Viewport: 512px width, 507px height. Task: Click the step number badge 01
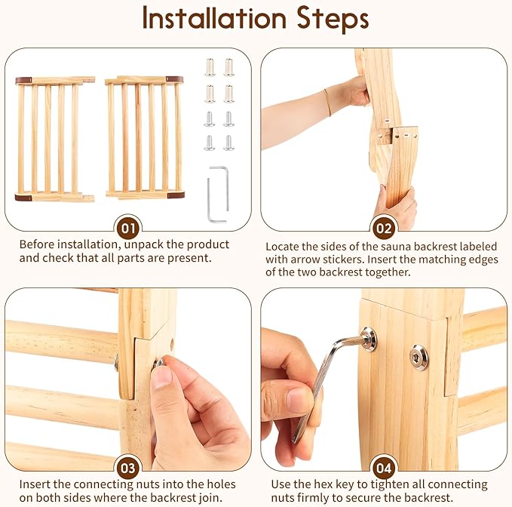(128, 228)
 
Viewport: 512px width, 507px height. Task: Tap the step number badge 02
(384, 228)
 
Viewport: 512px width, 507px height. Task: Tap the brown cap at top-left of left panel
(23, 79)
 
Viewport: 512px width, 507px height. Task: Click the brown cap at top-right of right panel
(175, 78)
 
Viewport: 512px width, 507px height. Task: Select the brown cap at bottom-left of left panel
(23, 197)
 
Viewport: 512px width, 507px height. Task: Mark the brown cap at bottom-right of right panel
(175, 195)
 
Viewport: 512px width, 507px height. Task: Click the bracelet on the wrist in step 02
(327, 102)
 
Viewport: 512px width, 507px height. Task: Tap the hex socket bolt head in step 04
(418, 357)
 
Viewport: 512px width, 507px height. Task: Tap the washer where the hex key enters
(368, 339)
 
